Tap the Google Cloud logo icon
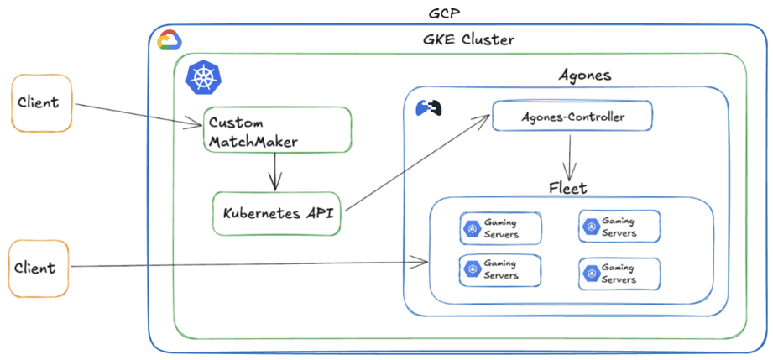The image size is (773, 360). tap(169, 39)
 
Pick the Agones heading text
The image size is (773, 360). tap(585, 76)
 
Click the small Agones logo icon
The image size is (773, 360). tap(429, 108)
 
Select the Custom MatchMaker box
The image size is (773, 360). tap(276, 129)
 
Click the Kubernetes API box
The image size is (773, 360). tap(277, 213)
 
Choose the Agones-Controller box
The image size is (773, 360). tap(572, 117)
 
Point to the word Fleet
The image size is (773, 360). tap(568, 188)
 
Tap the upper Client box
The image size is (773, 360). tap(39, 102)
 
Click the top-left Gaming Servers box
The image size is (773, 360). tap(500, 228)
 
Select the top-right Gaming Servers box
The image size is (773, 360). tap(619, 227)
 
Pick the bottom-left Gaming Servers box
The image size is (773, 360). tap(500, 270)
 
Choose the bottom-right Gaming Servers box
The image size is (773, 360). tap(619, 274)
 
